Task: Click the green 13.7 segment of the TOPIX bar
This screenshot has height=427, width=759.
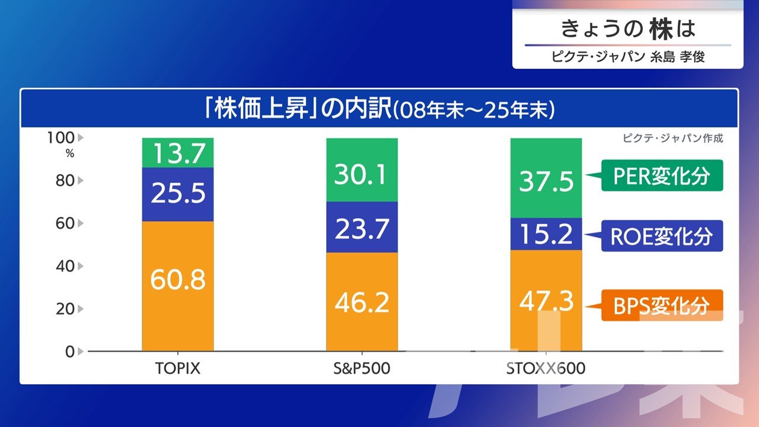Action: tap(178, 153)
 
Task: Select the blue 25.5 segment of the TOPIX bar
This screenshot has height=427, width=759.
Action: tap(178, 194)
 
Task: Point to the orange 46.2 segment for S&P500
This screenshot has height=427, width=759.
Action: tap(362, 302)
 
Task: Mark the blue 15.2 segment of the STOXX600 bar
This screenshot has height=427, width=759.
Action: tap(546, 234)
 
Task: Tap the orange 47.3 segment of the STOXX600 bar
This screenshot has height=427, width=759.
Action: tap(546, 301)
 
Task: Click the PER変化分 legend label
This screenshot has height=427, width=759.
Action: tap(662, 176)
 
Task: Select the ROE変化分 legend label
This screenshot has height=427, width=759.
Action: tap(662, 236)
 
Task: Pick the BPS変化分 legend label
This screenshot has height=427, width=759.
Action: tap(662, 305)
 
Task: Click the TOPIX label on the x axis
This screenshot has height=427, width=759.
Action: tap(178, 368)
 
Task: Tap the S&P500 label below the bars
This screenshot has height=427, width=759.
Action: tap(362, 368)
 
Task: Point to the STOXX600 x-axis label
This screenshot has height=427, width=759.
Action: tap(546, 368)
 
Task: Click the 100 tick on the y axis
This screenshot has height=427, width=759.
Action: tap(61, 138)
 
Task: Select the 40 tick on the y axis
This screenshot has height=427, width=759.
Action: tap(65, 266)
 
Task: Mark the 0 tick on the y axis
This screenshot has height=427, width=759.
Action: tap(70, 351)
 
